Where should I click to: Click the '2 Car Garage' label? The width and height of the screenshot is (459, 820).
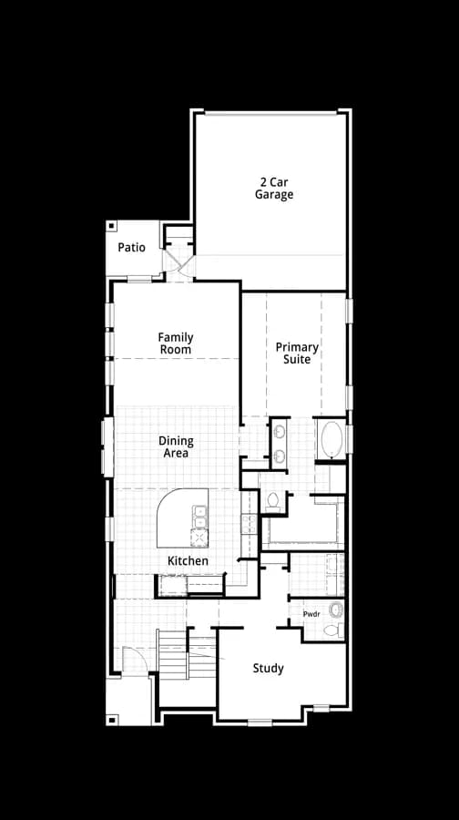274,189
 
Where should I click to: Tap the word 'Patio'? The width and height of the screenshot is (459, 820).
131,247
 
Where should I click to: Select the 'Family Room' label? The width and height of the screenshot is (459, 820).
176,343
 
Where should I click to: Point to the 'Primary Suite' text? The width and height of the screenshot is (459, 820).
297,354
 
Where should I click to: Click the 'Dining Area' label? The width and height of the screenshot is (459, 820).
176,447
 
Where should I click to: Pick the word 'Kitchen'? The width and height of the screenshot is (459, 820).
188,561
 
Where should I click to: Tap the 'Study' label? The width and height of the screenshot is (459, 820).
268,669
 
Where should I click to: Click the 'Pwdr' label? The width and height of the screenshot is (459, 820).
311,614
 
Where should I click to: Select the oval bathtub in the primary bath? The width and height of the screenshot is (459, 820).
332,440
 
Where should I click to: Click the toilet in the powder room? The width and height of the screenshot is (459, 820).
333,630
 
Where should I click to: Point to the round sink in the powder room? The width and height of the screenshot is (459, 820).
336,610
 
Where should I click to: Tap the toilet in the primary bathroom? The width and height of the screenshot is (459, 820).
272,502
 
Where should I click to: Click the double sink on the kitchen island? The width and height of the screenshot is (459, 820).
199,517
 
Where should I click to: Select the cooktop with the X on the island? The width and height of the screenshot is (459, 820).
199,538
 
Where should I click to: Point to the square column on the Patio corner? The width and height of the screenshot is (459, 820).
111,226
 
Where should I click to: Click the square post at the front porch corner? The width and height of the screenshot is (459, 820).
111,720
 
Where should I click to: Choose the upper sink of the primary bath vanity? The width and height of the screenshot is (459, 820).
280,432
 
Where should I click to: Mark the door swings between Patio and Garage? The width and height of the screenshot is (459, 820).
179,260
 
